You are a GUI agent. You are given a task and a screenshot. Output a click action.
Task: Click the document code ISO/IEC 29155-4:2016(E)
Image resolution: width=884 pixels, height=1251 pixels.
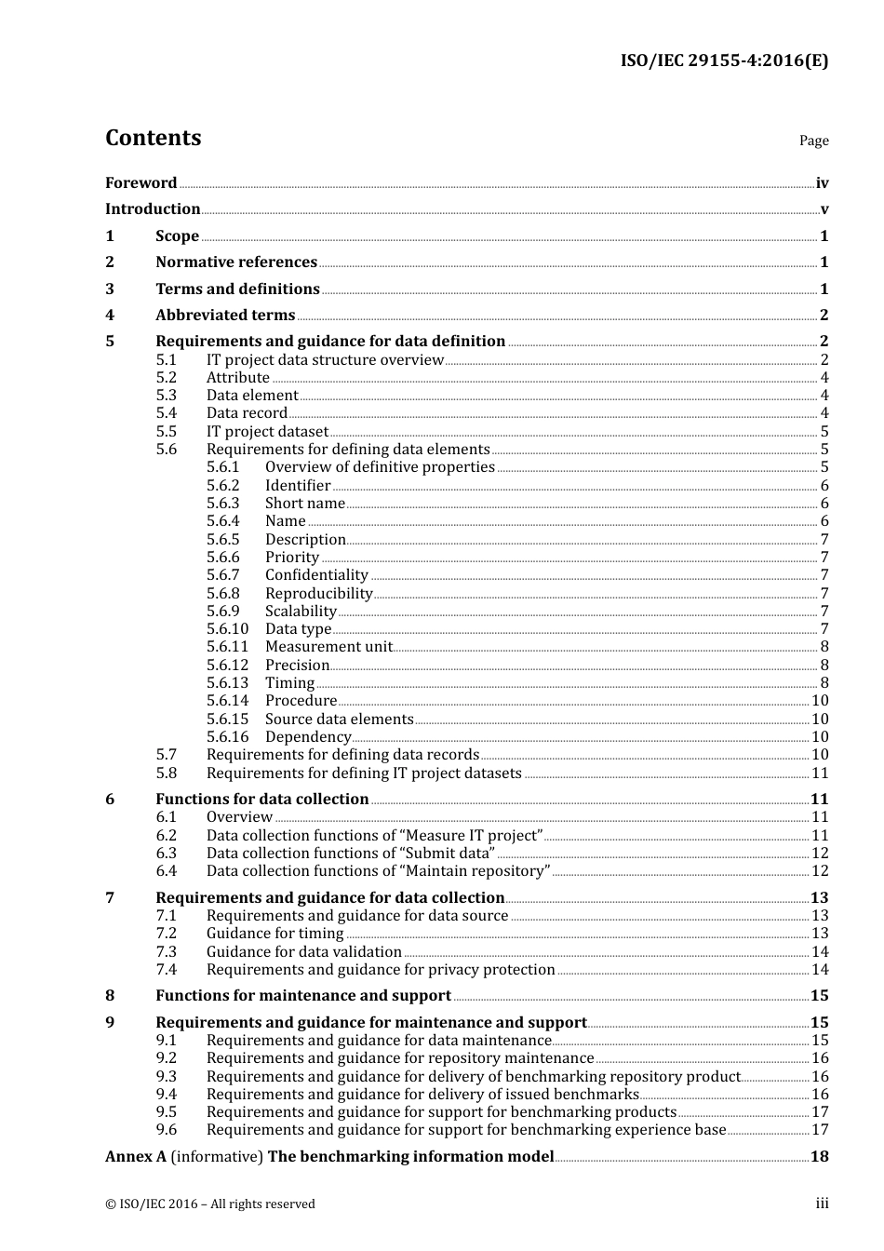[x=724, y=61]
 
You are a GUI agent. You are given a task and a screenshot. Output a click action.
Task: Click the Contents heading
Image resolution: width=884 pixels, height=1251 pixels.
[x=153, y=138]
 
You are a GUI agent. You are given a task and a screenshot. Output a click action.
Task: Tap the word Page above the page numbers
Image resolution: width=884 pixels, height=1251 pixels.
[x=813, y=141]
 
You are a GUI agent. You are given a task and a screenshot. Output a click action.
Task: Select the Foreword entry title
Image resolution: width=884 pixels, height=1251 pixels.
[x=141, y=183]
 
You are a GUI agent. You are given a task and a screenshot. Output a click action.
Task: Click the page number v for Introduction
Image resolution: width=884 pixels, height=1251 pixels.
[x=824, y=209]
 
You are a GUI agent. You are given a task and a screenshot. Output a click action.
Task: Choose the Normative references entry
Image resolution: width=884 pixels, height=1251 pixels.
[x=236, y=262]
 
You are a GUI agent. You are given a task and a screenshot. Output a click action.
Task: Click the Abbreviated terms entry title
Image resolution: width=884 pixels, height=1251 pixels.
[x=225, y=316]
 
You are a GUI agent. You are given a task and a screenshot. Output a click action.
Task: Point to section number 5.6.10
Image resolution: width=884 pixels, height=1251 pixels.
[x=227, y=629]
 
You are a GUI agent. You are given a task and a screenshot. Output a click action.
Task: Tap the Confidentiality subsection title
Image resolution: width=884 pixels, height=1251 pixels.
[x=316, y=575]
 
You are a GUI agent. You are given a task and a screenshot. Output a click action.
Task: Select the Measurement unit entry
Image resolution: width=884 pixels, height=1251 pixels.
[x=328, y=647]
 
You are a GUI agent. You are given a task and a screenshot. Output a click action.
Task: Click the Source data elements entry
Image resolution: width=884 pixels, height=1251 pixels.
[x=339, y=720]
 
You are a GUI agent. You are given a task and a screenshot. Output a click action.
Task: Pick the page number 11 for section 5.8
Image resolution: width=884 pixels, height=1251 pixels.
[x=820, y=773]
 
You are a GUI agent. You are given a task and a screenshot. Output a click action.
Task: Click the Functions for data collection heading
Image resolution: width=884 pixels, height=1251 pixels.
[x=261, y=800]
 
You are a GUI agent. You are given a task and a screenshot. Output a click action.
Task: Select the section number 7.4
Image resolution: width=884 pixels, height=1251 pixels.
[x=166, y=970]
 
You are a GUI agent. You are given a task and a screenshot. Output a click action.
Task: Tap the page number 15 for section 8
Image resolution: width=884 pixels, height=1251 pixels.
[x=820, y=996]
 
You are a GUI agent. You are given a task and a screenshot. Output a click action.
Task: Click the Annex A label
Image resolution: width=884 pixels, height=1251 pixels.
[x=136, y=1157]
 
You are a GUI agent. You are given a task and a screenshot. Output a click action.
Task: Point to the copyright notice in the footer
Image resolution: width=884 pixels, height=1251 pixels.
[x=210, y=1204]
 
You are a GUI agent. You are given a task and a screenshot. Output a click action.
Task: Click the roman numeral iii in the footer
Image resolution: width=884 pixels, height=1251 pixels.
[x=822, y=1204]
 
